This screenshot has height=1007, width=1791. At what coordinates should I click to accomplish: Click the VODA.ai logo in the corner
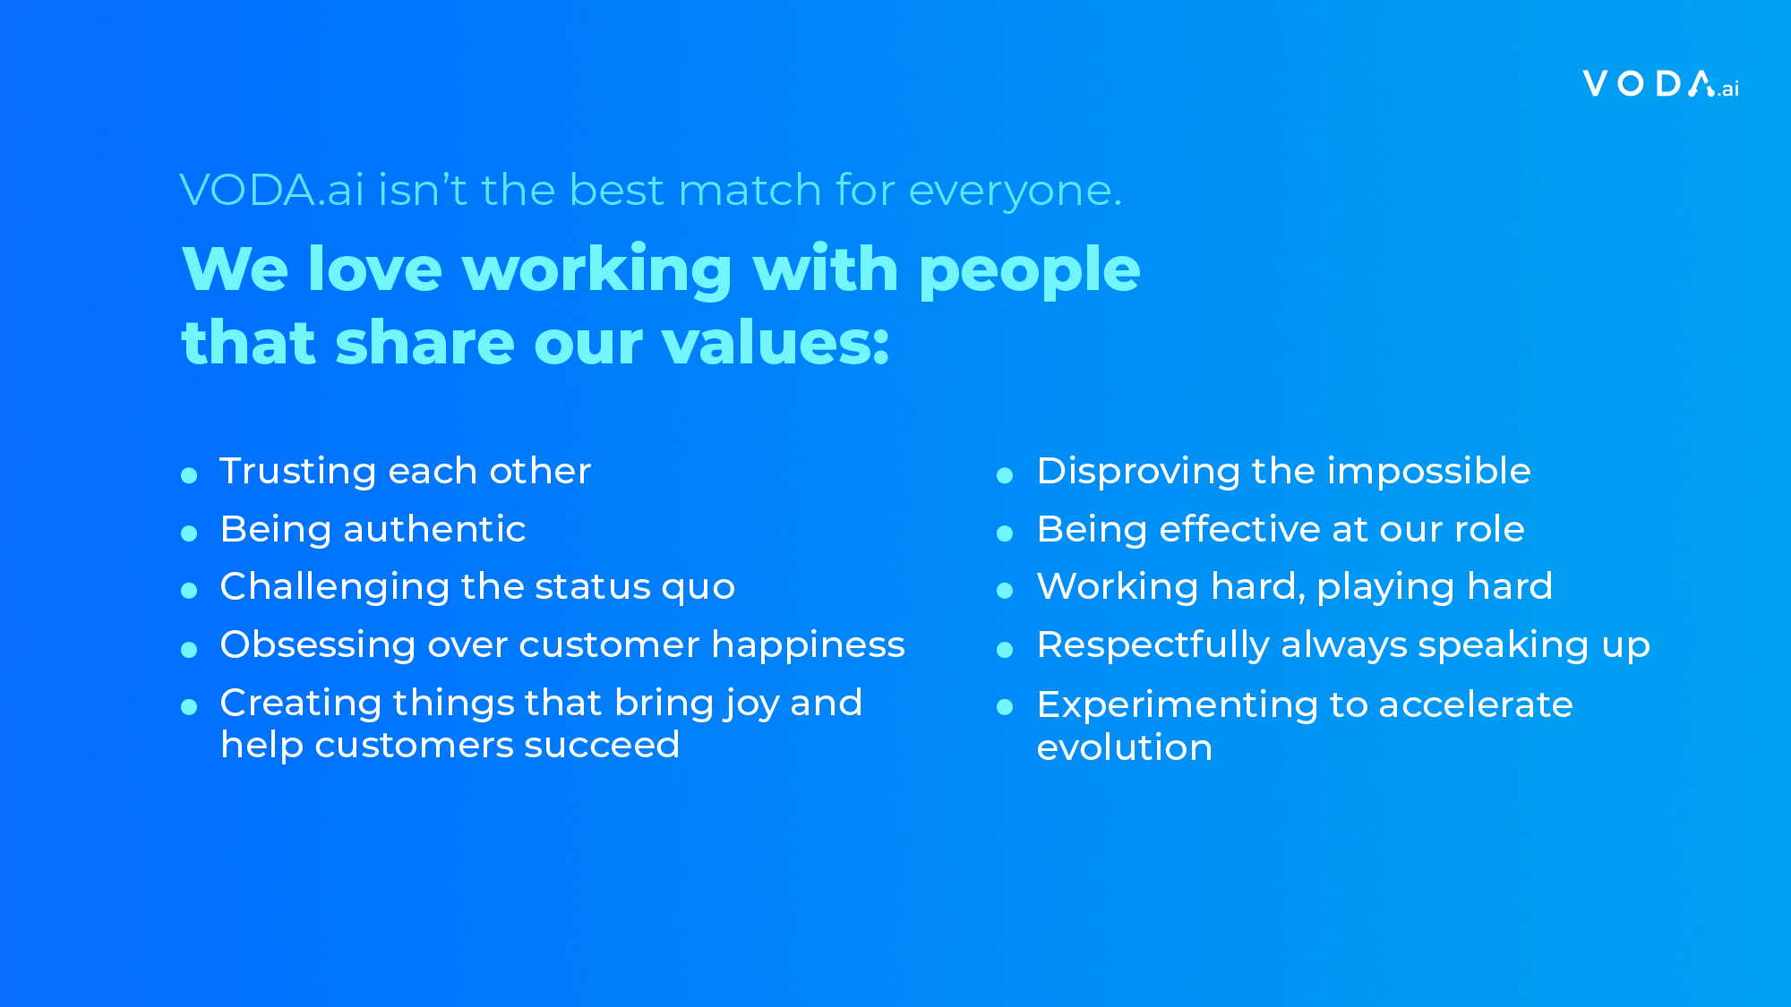tap(1661, 84)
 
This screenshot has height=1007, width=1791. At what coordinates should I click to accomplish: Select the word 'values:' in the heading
tap(776, 343)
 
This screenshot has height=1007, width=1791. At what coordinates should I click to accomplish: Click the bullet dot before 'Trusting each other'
tap(189, 475)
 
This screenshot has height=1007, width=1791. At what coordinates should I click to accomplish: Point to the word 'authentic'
tap(435, 529)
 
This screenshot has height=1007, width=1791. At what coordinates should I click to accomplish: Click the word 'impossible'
tap(1429, 472)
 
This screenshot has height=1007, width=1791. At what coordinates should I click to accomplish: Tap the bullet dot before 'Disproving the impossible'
tap(1005, 475)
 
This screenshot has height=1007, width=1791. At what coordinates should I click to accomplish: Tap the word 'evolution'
tap(1125, 747)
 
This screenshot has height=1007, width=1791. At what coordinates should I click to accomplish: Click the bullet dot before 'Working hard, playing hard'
tap(1005, 591)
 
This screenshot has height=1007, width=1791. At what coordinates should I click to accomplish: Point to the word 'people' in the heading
tap(1030, 271)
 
